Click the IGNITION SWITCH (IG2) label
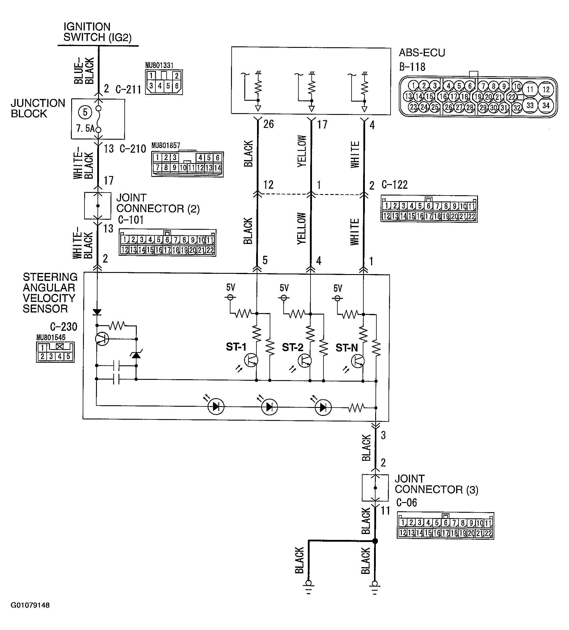97,32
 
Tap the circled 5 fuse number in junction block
85,112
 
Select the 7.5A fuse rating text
85,128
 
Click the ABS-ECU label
422,53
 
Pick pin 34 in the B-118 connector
546,105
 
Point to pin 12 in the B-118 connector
546,89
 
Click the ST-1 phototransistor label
236,347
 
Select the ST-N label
347,348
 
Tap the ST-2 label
292,347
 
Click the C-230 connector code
64,327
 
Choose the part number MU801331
159,65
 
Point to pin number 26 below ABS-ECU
268,124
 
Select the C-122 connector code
395,185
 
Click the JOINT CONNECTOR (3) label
436,484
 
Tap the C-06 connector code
407,502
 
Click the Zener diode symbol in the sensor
136,355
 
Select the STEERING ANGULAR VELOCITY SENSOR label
49,293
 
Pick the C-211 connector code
128,90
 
